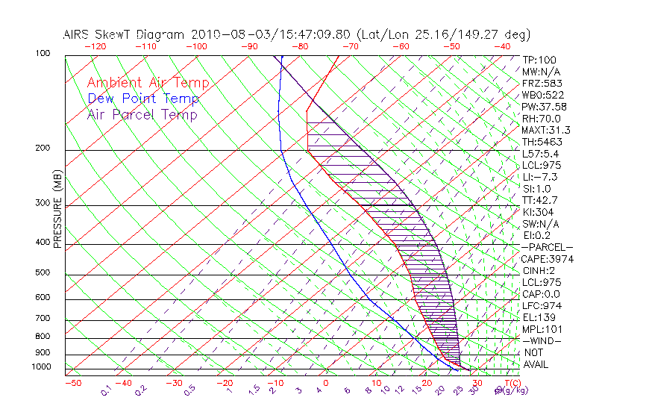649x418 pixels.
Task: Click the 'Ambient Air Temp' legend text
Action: [x=148, y=83]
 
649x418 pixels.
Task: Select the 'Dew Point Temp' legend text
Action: [x=143, y=99]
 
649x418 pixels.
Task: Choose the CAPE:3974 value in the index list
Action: [x=546, y=259]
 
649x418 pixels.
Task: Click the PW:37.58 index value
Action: [x=544, y=107]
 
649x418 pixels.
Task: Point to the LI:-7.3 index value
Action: [x=540, y=177]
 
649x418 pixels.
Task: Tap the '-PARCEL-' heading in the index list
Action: [x=547, y=247]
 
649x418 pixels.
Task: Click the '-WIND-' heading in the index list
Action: [x=542, y=340]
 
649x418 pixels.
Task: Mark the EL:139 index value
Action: [x=539, y=317]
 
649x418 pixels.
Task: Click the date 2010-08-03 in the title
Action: [x=224, y=34]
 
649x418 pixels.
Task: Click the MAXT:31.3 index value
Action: [x=545, y=130]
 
